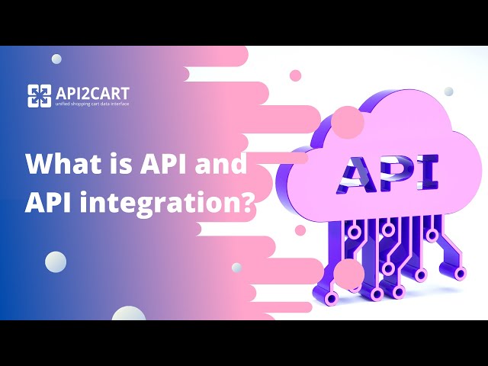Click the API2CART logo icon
(40, 95)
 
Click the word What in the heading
(57, 164)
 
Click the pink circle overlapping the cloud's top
(348, 122)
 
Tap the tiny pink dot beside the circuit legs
(300, 230)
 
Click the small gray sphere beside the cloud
(448, 91)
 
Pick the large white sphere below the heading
(55, 262)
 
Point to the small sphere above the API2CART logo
(57, 59)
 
